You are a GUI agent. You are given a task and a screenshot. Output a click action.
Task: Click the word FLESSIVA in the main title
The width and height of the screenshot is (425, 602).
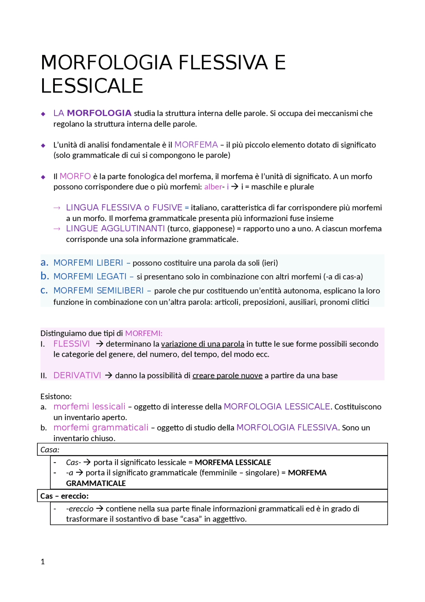(223, 62)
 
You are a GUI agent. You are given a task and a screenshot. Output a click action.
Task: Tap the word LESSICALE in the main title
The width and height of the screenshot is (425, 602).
(92, 86)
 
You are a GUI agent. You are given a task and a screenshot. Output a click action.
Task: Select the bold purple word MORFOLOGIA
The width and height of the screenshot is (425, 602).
(99, 113)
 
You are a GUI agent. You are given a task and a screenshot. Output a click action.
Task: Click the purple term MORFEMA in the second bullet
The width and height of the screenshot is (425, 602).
(196, 145)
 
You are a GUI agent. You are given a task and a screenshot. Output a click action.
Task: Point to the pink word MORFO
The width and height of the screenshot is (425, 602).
(75, 176)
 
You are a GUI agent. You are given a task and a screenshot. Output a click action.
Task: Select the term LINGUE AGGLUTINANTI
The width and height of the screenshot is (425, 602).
(115, 228)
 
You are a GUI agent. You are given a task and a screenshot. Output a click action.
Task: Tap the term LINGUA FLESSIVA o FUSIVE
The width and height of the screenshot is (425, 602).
(124, 207)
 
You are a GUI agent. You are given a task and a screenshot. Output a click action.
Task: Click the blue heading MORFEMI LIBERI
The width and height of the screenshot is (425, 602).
(88, 263)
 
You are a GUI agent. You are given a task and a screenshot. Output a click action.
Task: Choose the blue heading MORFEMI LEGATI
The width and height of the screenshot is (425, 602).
(90, 276)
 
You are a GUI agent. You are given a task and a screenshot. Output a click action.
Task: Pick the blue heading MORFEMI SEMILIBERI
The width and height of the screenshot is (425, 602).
(98, 291)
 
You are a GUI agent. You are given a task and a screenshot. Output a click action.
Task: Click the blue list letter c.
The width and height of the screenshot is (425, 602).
(44, 290)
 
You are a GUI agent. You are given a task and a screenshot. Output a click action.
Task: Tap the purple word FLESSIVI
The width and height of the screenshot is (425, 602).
(71, 344)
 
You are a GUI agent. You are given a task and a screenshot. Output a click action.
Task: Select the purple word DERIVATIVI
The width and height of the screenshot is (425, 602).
(77, 375)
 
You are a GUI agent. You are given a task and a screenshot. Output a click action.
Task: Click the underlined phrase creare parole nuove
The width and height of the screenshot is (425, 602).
(227, 376)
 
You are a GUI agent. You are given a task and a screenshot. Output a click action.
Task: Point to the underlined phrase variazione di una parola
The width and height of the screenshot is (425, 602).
(203, 344)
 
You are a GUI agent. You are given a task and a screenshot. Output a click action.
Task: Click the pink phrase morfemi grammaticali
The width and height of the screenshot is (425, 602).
(101, 427)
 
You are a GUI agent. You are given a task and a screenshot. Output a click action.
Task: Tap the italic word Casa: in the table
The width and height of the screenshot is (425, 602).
(50, 450)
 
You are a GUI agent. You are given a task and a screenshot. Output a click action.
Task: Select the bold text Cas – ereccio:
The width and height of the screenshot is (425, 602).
(64, 496)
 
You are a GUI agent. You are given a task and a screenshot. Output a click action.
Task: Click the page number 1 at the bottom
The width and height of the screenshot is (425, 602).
(42, 562)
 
